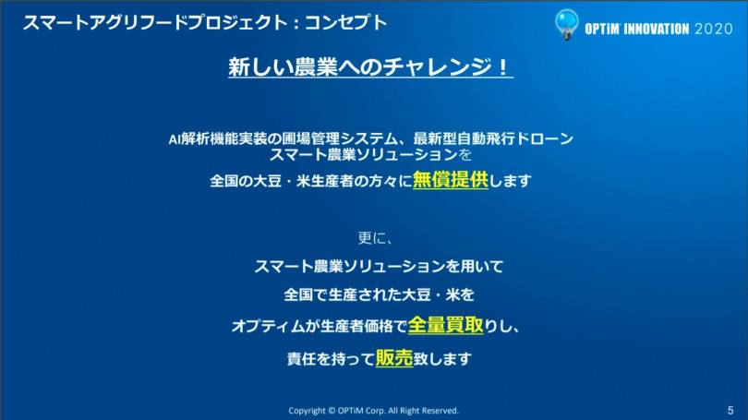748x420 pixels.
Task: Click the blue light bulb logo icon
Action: coord(566,24)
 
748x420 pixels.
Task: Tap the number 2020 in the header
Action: coord(714,30)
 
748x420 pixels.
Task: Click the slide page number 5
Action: coord(730,411)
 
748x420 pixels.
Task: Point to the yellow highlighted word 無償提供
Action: coord(451,180)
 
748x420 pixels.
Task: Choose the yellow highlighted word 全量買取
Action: coord(445,325)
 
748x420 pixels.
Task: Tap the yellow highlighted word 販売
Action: coord(394,357)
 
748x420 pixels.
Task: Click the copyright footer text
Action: coord(373,411)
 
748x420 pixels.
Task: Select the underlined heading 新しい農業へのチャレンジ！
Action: coord(370,66)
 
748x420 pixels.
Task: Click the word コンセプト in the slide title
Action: coord(346,22)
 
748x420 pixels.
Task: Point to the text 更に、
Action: coord(375,237)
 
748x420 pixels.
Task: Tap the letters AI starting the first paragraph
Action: coord(175,139)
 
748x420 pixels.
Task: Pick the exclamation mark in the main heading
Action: coord(502,66)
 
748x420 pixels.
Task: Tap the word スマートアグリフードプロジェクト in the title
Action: coord(155,22)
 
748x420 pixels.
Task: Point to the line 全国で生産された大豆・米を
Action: coord(380,294)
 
